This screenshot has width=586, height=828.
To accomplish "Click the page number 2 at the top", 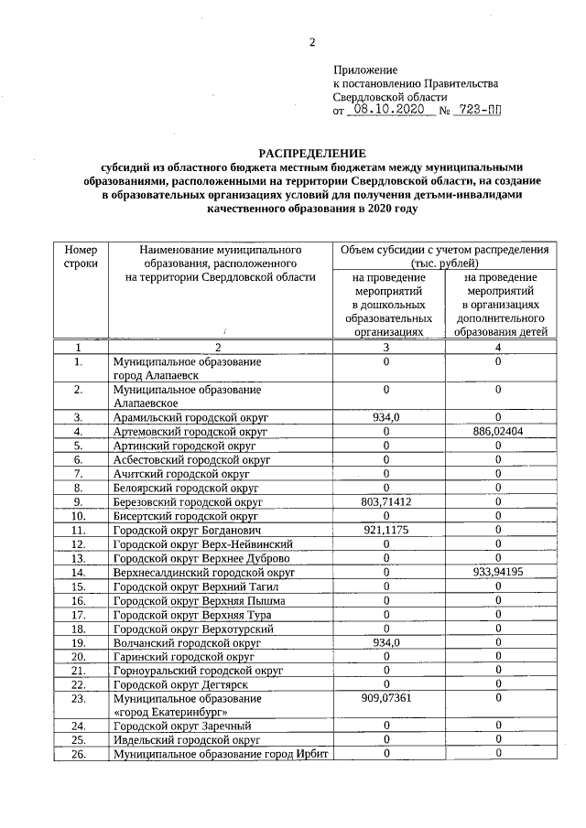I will (x=311, y=42).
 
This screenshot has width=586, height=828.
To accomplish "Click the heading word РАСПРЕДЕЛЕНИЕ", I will (x=311, y=153).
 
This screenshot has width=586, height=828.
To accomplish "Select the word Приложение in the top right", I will (x=365, y=70).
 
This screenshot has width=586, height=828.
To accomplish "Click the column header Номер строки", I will (x=81, y=255).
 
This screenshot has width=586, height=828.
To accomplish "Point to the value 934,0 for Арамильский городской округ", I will (x=387, y=417).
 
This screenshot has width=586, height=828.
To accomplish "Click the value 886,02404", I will (x=497, y=431).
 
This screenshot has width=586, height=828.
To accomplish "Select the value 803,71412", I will (x=387, y=502).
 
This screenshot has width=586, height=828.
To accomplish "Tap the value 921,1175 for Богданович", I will (x=387, y=531).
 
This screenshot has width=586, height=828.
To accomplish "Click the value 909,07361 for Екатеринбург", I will (x=387, y=698).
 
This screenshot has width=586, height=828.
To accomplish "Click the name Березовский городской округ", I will (x=188, y=502).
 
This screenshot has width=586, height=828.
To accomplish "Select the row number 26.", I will (x=80, y=754).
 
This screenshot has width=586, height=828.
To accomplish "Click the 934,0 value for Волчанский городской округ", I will (x=387, y=643).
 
